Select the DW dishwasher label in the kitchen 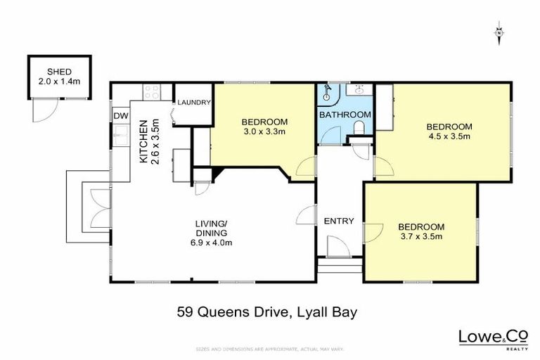[120, 116]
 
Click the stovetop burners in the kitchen [151, 91]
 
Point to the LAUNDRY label [194, 103]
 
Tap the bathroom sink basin [360, 90]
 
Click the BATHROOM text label [345, 114]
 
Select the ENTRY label [338, 221]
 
